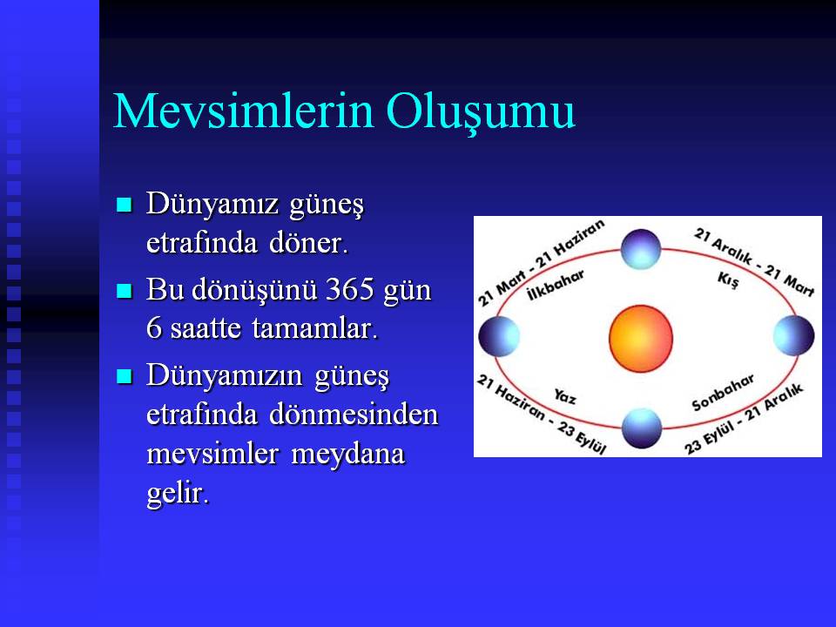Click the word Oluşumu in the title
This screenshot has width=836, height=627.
[481, 113]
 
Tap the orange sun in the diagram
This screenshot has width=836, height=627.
[641, 339]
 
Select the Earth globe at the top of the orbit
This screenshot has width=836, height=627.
[641, 249]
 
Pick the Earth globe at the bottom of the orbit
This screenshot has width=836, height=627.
[642, 428]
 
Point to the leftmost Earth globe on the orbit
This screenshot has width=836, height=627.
[499, 336]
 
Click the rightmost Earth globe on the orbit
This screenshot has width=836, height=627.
[794, 335]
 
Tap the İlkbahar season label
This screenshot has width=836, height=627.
[555, 286]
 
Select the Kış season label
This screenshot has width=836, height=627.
[728, 280]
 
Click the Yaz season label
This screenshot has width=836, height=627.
[564, 396]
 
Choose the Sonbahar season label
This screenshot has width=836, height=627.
[723, 392]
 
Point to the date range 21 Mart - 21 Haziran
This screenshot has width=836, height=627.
[541, 263]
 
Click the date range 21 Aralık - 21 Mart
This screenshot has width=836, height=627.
[754, 262]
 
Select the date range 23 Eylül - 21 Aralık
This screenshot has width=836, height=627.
[744, 419]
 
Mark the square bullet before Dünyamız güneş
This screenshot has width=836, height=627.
[125, 205]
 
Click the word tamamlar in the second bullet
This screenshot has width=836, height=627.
[314, 328]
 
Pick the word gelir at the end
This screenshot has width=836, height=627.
[178, 493]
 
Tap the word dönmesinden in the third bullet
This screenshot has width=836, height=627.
[354, 415]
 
